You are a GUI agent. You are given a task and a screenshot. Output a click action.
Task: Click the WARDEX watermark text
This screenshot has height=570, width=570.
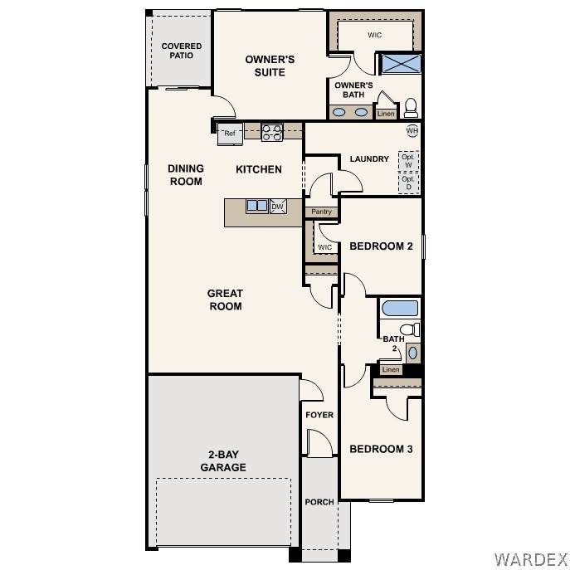(530, 559)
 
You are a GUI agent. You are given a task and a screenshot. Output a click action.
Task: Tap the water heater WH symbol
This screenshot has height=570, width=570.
(412, 131)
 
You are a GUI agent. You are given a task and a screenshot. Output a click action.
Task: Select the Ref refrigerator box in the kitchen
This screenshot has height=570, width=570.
(230, 134)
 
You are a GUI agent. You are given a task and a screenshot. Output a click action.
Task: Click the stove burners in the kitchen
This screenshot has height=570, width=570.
(272, 132)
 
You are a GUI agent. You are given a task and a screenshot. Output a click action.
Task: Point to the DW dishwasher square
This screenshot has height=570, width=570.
(278, 207)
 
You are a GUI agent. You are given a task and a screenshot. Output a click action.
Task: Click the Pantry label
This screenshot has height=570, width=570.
(321, 212)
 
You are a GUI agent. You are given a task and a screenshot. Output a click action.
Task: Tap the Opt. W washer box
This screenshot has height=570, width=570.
(408, 161)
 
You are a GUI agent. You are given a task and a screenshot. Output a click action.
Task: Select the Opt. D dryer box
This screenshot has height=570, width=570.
(408, 183)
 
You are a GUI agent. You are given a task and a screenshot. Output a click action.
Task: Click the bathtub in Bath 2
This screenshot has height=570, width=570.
(400, 309)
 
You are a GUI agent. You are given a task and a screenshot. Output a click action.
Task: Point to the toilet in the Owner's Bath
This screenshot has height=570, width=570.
(412, 108)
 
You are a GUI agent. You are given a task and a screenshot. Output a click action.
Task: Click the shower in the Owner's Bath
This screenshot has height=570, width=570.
(400, 64)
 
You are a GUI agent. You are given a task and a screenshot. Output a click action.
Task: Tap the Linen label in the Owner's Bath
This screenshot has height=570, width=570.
(386, 114)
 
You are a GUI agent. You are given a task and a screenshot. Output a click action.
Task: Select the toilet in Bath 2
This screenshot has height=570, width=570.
(410, 329)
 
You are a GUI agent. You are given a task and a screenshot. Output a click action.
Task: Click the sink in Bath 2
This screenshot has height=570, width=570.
(413, 353)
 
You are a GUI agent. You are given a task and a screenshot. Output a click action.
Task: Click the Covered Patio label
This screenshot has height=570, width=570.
(182, 51)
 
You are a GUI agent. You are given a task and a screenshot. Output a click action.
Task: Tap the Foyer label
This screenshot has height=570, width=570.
(319, 415)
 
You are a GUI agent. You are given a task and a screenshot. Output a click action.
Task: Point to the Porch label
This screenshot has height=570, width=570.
(319, 502)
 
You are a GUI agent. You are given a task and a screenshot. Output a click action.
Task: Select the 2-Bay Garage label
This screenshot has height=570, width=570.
(223, 461)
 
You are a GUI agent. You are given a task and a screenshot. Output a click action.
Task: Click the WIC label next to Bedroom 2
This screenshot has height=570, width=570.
(324, 247)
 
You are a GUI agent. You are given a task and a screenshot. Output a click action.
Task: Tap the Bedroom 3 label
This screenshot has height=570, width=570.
(381, 449)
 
